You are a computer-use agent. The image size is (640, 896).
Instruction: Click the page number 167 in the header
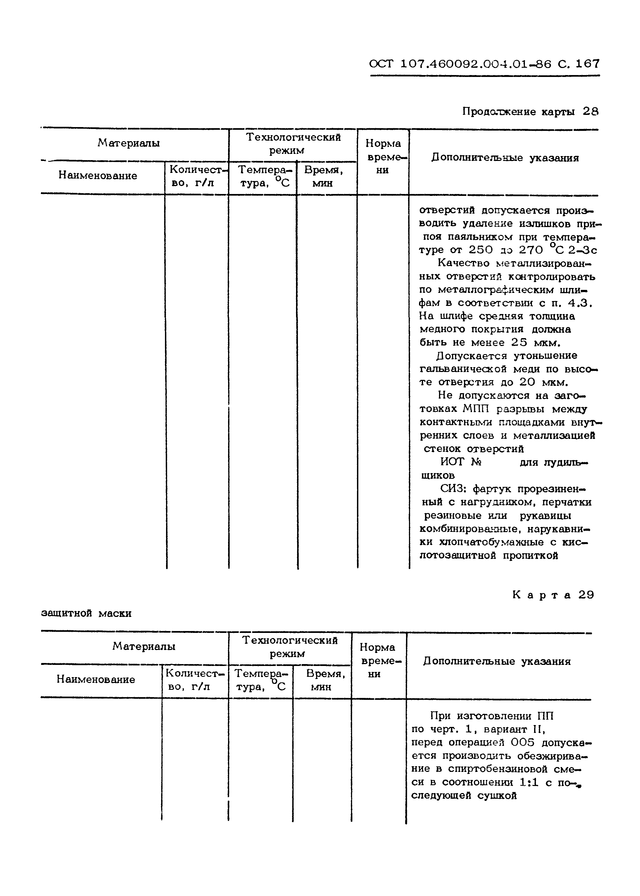(587, 63)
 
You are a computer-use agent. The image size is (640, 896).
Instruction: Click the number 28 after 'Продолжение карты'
(590, 112)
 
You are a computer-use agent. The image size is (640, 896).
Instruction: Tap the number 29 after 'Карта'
(586, 595)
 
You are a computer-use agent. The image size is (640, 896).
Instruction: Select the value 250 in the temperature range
(481, 250)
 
